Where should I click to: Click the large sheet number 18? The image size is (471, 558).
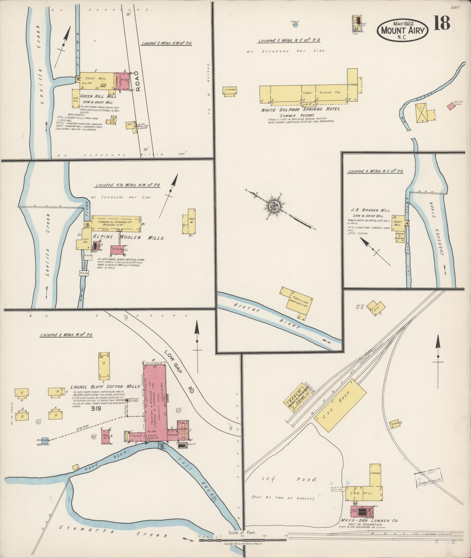tap(441, 23)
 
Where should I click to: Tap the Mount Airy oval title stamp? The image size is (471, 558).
tap(402, 30)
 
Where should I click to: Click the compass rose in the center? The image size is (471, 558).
tap(275, 207)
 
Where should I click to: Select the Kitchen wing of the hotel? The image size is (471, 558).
tap(352, 85)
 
